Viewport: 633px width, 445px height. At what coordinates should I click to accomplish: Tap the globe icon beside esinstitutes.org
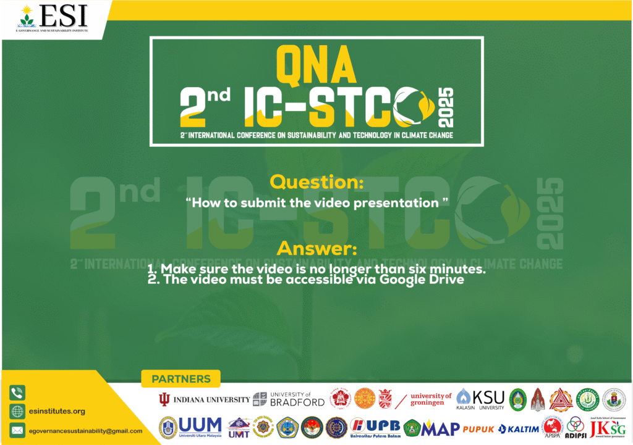17,411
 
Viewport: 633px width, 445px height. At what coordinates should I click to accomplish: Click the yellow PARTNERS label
181,379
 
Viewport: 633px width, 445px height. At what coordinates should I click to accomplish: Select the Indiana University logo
205,399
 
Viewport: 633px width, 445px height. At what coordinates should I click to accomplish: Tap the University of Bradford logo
289,399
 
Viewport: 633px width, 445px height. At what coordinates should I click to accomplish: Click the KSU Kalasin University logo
481,399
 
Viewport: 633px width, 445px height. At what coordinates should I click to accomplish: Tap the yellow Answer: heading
316,249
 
